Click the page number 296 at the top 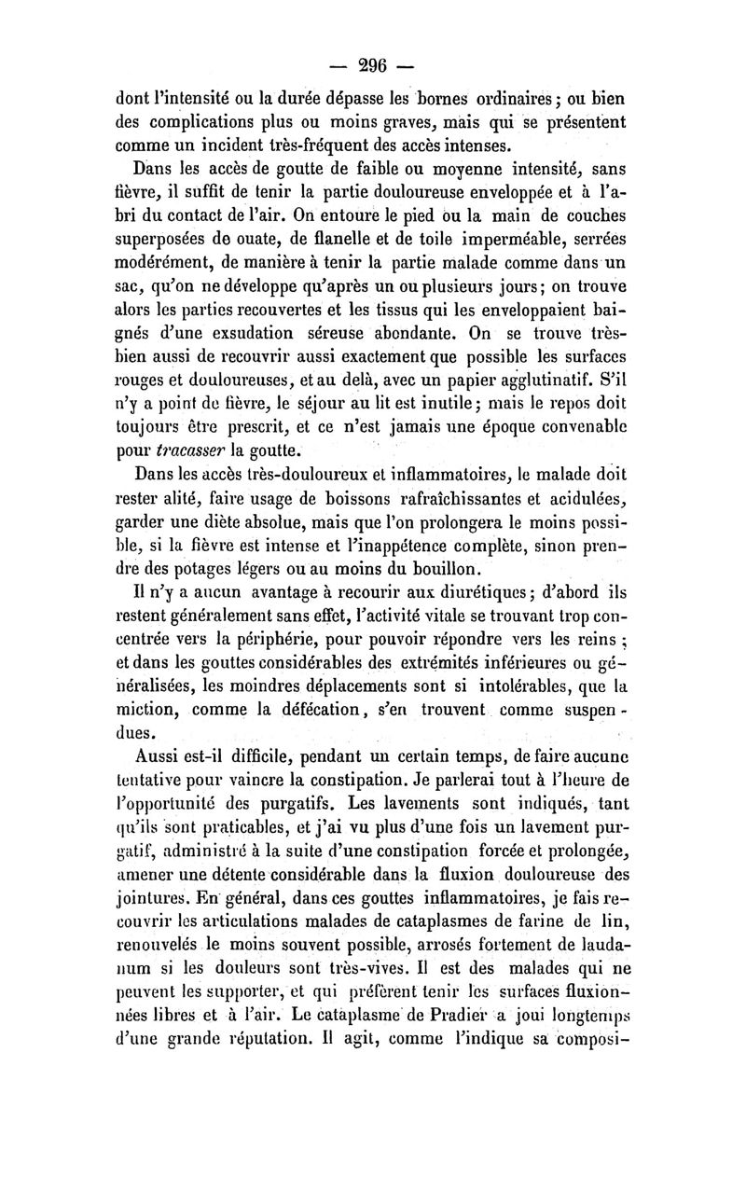(x=372, y=66)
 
